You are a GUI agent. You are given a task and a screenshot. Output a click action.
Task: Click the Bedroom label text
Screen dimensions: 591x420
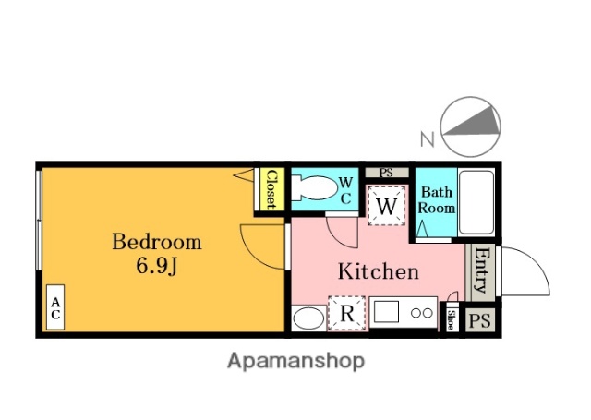coord(157,242)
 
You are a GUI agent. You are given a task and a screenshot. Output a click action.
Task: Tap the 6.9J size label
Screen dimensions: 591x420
coord(157,267)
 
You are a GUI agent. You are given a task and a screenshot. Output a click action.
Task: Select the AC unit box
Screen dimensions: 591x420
coord(55,307)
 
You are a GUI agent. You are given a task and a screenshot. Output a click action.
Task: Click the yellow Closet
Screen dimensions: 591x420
coord(270,189)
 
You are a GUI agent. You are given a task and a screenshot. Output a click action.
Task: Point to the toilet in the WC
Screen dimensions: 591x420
coord(314,188)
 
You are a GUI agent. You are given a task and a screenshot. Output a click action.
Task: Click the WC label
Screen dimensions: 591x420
coord(345,191)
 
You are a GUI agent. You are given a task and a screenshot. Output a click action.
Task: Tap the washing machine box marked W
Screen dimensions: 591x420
coord(387,206)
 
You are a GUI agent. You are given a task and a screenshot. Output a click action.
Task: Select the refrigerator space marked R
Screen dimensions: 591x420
coord(347,314)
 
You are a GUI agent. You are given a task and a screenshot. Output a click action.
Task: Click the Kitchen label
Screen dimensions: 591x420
coord(378,271)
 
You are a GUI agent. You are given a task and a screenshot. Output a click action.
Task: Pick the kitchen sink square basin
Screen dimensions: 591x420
coord(386,312)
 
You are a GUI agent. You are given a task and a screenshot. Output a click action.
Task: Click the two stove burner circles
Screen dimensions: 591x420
coord(422,313)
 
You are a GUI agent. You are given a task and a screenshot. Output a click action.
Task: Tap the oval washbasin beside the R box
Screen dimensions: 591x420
coord(308,318)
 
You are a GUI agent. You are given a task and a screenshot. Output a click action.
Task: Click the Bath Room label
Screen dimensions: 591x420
coord(437,200)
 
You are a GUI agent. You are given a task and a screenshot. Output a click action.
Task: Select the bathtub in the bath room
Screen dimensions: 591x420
coord(476,202)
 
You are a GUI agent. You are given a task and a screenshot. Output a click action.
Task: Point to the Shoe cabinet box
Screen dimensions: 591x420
coord(450,319)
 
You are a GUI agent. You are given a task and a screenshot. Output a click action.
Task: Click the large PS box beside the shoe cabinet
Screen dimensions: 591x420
coord(480,320)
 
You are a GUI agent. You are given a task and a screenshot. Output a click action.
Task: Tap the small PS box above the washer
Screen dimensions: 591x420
coord(387,173)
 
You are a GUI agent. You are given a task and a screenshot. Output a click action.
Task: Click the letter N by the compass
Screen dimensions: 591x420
coord(428,139)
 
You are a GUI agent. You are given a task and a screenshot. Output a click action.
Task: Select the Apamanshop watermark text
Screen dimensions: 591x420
coord(295,362)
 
